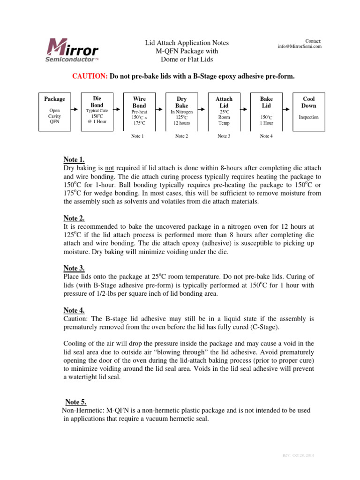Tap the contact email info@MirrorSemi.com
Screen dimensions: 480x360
pos(300,46)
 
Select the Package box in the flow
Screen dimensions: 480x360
pos(54,112)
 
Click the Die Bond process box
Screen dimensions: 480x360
pos(97,112)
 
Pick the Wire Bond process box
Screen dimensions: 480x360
pos(139,112)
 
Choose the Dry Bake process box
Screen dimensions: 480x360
pos(181,112)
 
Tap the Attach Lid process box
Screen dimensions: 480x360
pos(224,112)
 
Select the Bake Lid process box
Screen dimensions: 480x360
pos(266,112)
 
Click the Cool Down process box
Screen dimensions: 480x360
pos(308,112)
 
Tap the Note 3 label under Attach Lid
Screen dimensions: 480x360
pos(224,136)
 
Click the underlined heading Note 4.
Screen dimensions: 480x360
pos(74,310)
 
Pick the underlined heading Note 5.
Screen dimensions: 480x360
pos(75,402)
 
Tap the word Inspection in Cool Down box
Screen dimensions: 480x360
pos(308,117)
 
